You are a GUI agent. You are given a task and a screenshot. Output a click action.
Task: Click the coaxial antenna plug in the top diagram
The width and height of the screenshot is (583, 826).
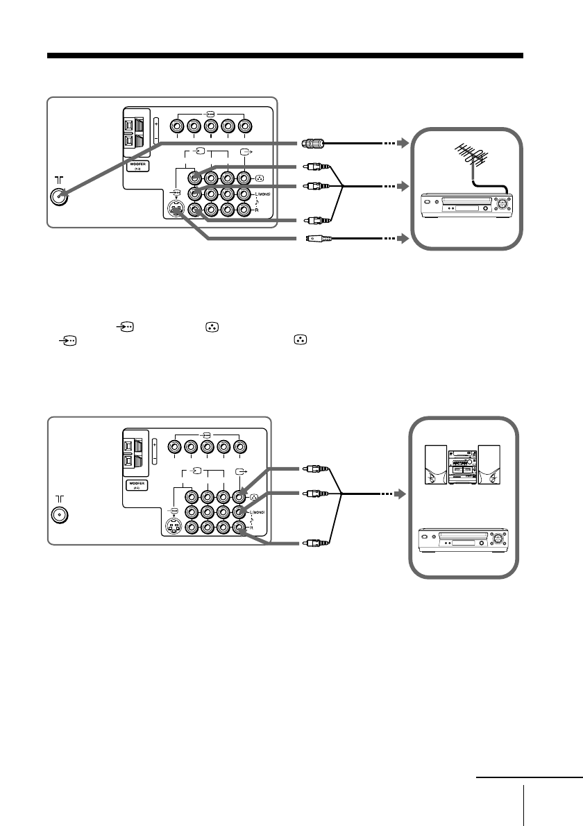point(311,144)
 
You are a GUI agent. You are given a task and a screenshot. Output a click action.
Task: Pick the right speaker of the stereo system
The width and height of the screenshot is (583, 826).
point(489,464)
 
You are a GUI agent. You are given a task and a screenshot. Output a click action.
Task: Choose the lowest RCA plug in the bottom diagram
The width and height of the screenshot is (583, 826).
point(314,542)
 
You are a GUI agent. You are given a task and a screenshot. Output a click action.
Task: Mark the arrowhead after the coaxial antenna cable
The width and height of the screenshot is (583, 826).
point(400,144)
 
